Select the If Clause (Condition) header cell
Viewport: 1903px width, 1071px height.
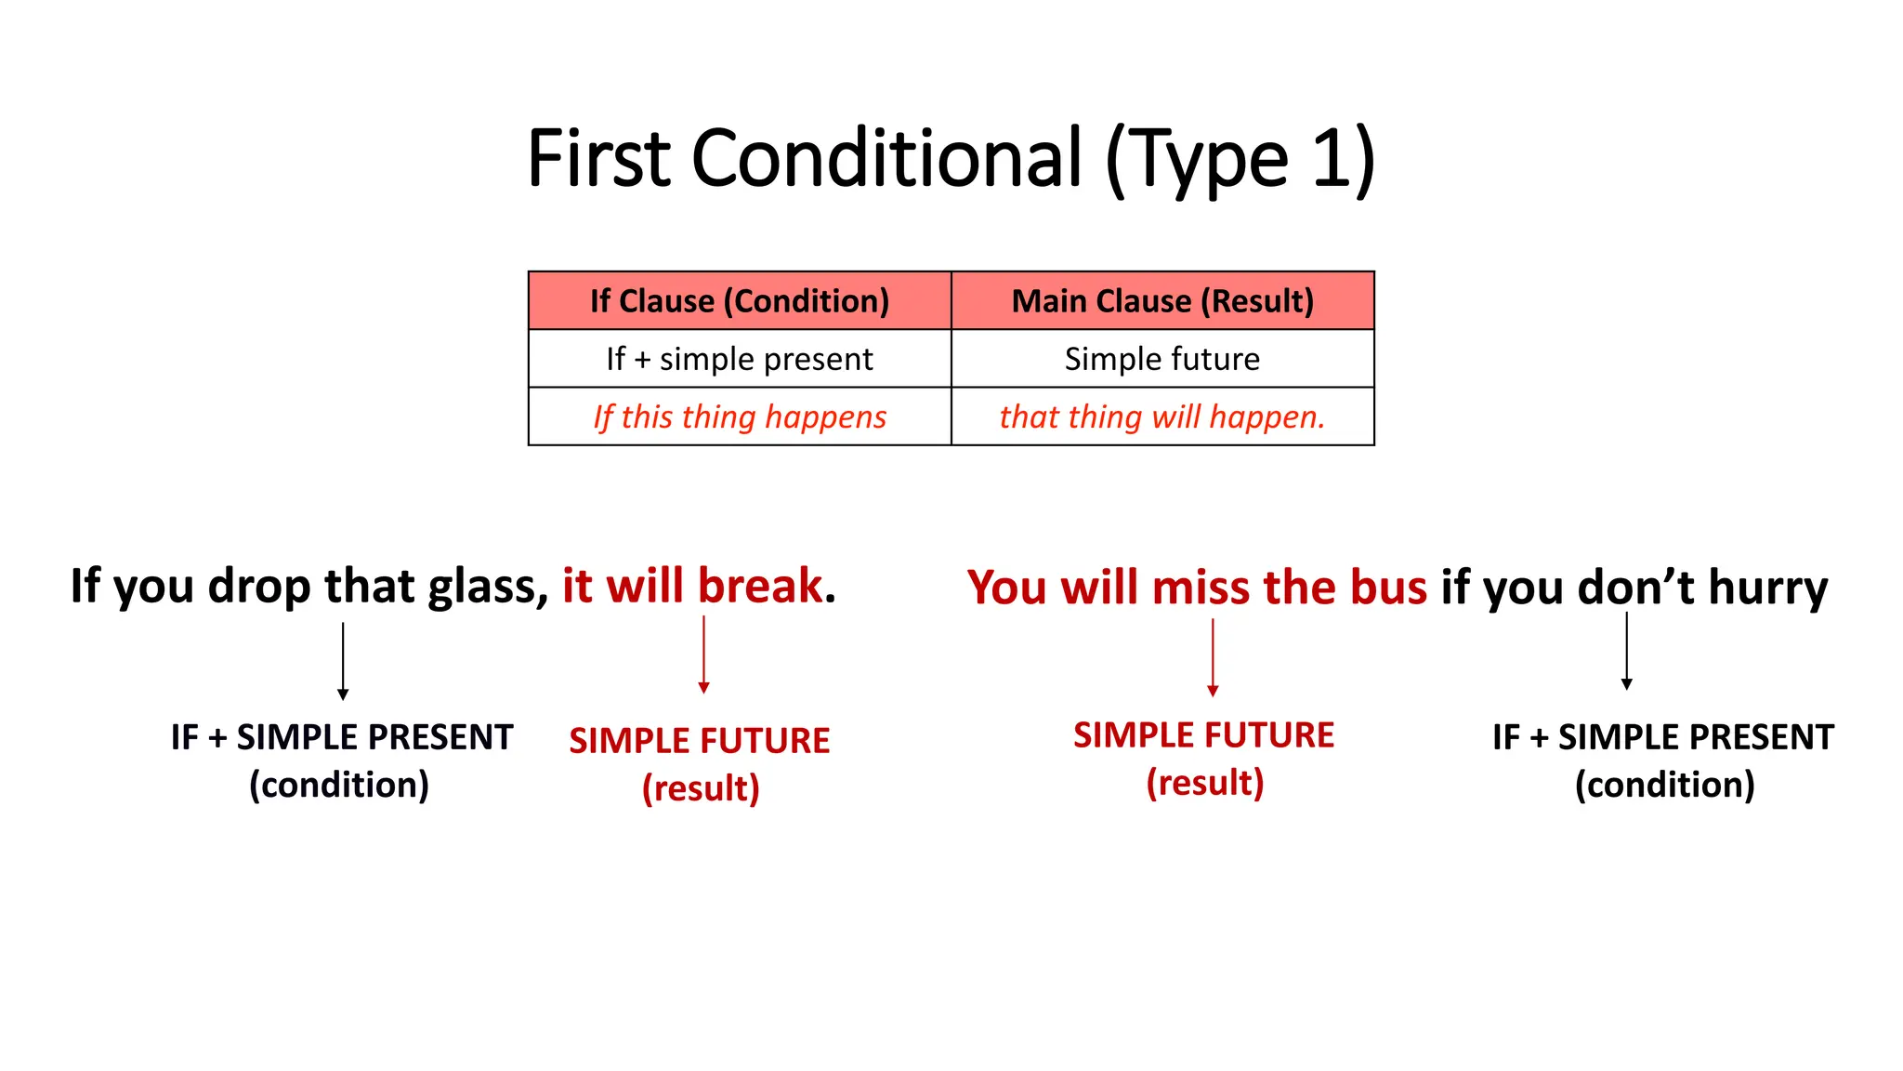tap(740, 301)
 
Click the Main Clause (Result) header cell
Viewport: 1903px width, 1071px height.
tap(1162, 301)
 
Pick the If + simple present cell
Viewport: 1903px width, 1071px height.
tap(740, 359)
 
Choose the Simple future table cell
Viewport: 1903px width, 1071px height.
tap(1162, 359)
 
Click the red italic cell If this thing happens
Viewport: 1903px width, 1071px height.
tap(740, 416)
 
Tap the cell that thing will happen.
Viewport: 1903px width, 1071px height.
tap(1162, 416)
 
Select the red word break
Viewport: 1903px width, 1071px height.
tap(760, 586)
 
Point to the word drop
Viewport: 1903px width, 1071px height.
tap(259, 588)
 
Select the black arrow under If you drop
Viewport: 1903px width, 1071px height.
tap(343, 660)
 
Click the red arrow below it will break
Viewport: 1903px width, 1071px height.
tap(703, 654)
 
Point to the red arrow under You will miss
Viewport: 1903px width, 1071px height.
tap(1213, 656)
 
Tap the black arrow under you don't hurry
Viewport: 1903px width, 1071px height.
tap(1626, 651)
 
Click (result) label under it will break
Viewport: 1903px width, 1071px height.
tap(701, 788)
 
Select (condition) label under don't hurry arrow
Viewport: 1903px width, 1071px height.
tap(1664, 785)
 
